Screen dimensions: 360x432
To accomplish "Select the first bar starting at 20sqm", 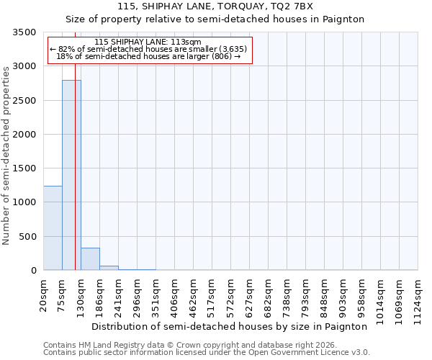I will [x=53, y=228].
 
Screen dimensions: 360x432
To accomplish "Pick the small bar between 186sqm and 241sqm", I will [x=109, y=268].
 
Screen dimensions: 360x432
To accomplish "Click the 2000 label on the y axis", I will [x=25, y=135].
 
